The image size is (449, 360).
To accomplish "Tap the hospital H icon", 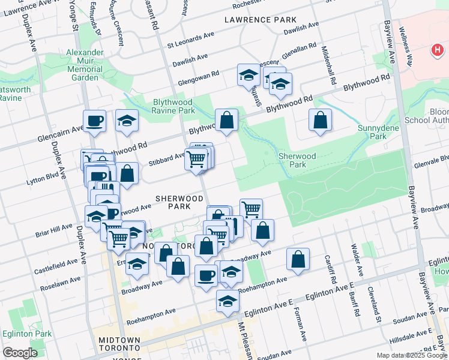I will coord(437,51).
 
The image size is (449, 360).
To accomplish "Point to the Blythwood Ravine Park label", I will coord(166,106).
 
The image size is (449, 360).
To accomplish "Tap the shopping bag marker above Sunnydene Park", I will coord(321,120).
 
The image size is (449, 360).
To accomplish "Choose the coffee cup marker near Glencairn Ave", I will coord(95,121).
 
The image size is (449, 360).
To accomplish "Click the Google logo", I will coord(20,353).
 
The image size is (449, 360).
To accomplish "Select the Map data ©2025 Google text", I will coord(411,355).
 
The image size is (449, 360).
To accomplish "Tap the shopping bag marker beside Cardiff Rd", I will coord(298,259).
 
